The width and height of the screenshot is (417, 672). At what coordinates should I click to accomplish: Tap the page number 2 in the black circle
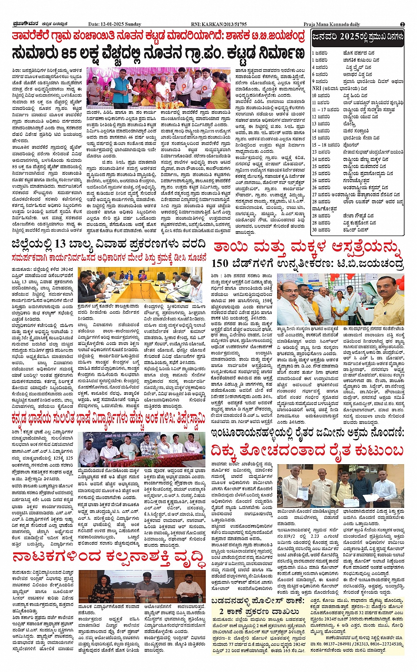pyautogui.click(x=402, y=24)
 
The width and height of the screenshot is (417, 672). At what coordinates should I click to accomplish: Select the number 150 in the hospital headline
pyautogui.click(x=219, y=264)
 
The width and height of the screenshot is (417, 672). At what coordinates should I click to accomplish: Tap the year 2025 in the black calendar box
pyautogui.click(x=348, y=37)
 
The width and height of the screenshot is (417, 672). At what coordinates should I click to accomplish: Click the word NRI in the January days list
pyautogui.click(x=316, y=88)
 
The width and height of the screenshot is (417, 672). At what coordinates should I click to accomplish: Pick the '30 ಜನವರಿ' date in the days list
pyautogui.click(x=321, y=230)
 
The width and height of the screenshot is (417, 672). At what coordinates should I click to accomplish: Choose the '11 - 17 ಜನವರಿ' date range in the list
pyautogui.click(x=326, y=109)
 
